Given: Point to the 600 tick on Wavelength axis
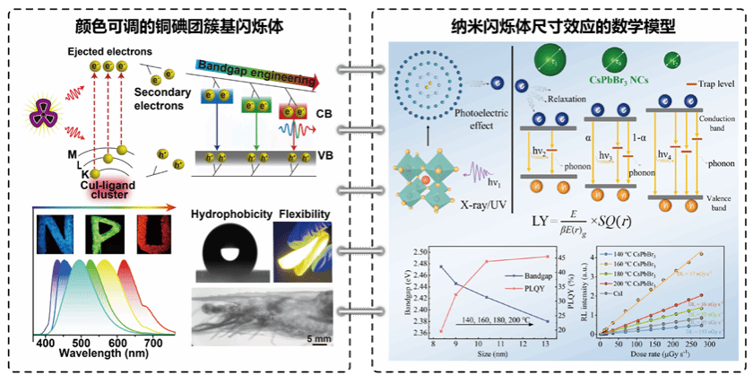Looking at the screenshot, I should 117,345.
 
